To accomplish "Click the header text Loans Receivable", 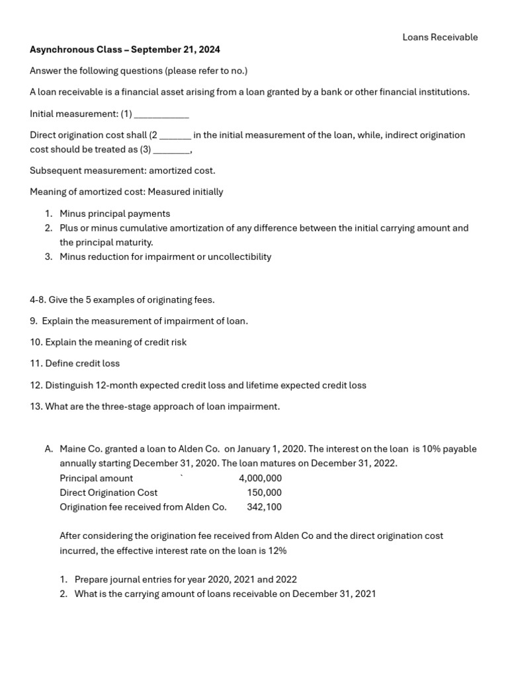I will click(440, 37).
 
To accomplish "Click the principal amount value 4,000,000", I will click(260, 478).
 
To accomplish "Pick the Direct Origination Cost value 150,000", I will click(264, 493).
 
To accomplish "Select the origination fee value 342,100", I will click(264, 507).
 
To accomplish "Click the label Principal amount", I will click(96, 478).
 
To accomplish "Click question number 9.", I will click(34, 321).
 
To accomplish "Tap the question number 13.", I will click(36, 407).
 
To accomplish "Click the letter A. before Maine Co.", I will click(49, 449).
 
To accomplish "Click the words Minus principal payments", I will click(114, 214).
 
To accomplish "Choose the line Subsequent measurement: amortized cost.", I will click(122, 171).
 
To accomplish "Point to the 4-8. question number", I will click(38, 300).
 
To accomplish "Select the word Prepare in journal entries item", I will click(93, 579).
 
